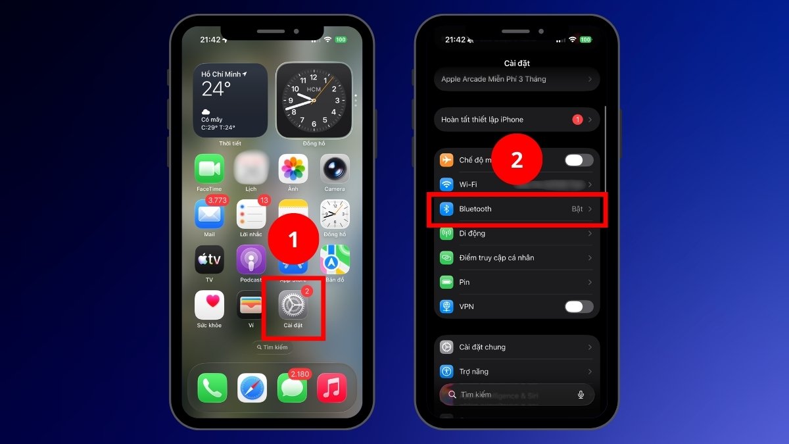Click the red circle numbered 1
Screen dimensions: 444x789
point(293,239)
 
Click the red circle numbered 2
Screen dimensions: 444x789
point(517,160)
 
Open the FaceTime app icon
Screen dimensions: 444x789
point(209,169)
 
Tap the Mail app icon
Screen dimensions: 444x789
point(209,214)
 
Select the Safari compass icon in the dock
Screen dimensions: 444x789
point(252,387)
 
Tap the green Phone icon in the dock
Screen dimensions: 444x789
point(212,387)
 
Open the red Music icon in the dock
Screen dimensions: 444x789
point(332,387)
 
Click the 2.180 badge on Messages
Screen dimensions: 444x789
point(300,374)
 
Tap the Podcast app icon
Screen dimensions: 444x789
point(251,260)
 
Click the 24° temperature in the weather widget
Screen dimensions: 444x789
point(216,89)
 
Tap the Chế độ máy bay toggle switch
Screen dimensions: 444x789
point(579,160)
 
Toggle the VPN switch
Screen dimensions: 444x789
point(579,307)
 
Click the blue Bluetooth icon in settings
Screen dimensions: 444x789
point(447,209)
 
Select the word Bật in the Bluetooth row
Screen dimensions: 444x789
point(577,209)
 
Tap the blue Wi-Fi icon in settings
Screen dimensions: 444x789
point(447,184)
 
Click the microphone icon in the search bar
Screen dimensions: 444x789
point(581,395)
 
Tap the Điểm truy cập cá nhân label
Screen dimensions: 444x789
point(496,258)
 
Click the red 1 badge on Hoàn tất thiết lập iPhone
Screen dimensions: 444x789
point(577,120)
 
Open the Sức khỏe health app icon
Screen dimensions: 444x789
point(209,305)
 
